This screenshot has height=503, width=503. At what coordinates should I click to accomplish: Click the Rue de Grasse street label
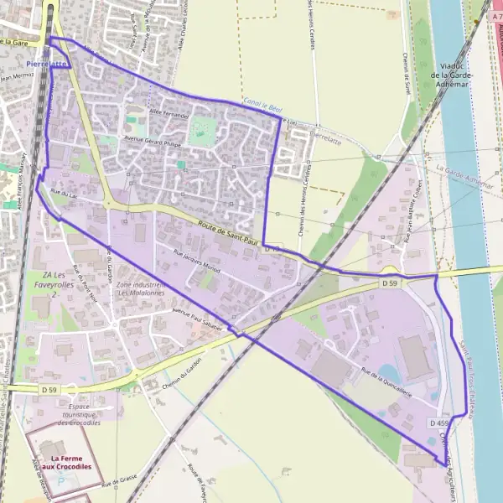coord(119,484)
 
